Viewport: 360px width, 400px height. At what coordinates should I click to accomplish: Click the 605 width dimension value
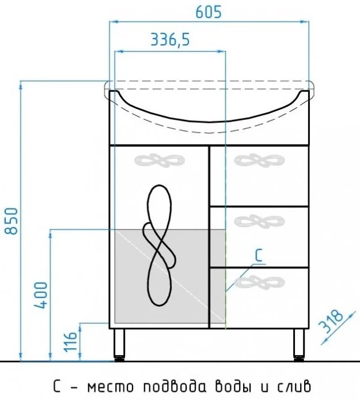[209, 12]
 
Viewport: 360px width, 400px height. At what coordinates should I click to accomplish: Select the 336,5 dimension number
[170, 40]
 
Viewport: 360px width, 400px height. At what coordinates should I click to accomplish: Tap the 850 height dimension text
[12, 221]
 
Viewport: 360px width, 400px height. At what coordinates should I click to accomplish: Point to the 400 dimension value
[41, 295]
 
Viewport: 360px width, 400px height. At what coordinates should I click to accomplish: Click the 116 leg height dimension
[70, 342]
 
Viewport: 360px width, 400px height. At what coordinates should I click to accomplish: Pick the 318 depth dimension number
[331, 322]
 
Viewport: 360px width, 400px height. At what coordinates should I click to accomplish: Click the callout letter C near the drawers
[259, 255]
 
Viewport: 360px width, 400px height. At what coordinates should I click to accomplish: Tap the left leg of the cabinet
[119, 345]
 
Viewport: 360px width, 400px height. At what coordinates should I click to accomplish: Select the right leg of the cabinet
[299, 345]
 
